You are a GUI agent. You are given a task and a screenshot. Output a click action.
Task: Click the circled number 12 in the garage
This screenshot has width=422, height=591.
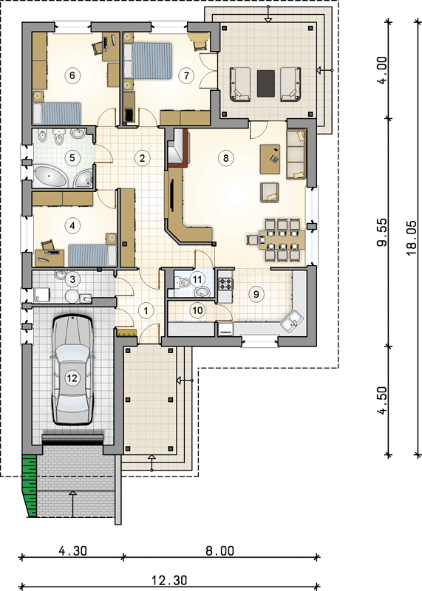coord(72,378)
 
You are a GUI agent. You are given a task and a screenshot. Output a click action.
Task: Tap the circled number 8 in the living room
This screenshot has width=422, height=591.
coord(226,158)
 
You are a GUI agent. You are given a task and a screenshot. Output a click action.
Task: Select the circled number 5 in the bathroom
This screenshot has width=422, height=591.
coord(72,158)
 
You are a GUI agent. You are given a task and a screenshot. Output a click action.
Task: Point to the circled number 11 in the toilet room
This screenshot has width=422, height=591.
coord(197,279)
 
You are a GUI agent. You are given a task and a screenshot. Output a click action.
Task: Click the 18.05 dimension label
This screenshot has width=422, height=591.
coord(412,237)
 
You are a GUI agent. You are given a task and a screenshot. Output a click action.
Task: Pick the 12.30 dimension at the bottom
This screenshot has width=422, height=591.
coord(169,581)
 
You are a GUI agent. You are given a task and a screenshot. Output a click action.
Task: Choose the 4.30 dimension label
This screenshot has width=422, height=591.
coord(72,550)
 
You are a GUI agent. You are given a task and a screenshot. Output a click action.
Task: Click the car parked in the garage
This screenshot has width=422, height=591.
coord(72,370)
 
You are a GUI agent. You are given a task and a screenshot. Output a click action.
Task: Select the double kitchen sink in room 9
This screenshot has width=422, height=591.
coord(292,321)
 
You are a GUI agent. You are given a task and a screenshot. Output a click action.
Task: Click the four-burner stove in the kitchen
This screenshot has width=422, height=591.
coord(225,284)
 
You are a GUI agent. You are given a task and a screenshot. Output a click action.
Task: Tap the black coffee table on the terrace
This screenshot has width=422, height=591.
coord(266,83)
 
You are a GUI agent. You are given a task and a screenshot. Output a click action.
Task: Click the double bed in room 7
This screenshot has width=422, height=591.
coord(148,61)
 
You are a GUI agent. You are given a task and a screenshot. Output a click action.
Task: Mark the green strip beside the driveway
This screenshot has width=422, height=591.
coord(30,485)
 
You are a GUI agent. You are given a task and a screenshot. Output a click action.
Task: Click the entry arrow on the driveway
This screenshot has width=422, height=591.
coord(72,504)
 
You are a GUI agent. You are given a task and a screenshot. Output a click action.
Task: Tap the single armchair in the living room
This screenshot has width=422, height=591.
coord(270,192)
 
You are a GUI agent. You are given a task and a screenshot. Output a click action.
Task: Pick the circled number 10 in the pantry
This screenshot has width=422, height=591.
coord(197,310)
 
